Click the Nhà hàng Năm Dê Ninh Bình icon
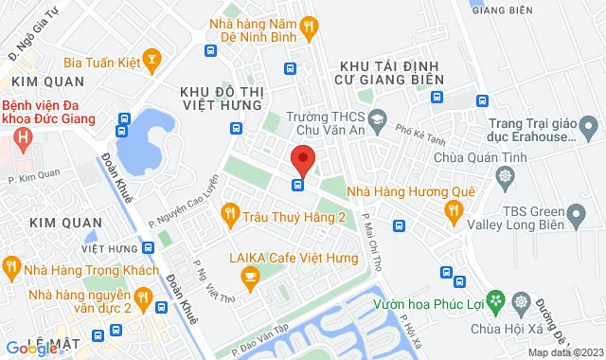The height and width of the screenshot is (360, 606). [309, 28]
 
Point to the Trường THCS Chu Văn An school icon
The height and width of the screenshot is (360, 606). [378, 118]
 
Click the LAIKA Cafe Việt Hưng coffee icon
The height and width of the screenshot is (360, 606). [250, 276]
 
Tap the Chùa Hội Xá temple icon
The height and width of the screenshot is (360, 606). [520, 302]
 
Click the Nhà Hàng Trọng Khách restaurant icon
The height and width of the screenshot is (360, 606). [11, 267]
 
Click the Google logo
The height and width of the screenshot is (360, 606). [30, 349]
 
